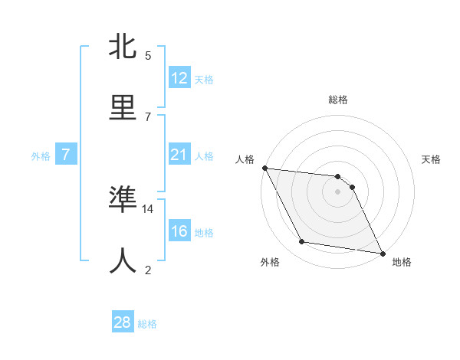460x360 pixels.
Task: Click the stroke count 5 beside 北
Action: (148, 56)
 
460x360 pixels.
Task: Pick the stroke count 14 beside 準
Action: (148, 208)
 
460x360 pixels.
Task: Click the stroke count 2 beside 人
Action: (148, 270)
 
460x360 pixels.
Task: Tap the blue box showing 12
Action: (179, 78)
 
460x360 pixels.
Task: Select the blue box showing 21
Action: (179, 155)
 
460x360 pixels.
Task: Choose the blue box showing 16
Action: (179, 231)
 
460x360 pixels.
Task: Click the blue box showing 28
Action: (123, 322)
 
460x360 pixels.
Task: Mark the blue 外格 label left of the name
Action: (41, 155)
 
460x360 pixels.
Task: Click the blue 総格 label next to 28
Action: (147, 324)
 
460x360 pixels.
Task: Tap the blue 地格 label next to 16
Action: (204, 233)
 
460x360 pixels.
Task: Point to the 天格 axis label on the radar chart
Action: (432, 159)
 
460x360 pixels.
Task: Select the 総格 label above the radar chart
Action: (338, 100)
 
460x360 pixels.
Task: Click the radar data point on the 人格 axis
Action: (264, 168)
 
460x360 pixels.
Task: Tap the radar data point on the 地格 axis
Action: (381, 253)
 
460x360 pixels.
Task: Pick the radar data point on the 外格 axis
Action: (301, 242)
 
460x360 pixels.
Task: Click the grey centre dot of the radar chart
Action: (337, 191)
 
